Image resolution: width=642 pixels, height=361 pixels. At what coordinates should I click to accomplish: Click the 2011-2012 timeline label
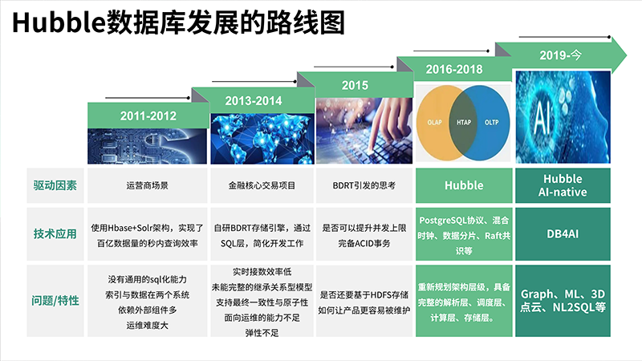[x=148, y=116]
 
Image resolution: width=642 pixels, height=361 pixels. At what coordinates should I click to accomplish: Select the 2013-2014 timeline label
[x=254, y=101]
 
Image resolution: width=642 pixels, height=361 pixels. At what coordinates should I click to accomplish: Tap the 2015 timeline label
[x=355, y=85]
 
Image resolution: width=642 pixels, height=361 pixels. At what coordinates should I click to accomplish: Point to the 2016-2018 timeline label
[x=454, y=69]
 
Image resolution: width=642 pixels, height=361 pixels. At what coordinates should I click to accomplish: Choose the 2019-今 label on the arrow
[x=560, y=55]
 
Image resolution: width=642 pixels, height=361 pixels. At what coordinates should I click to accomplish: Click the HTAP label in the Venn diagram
[x=464, y=123]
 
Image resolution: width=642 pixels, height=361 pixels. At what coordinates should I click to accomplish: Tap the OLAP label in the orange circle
[x=434, y=123]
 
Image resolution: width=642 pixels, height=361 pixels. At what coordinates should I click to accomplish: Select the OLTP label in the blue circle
[x=492, y=123]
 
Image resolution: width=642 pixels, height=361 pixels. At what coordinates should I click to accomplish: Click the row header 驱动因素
[x=55, y=185]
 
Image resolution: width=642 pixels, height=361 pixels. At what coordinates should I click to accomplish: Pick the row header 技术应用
[x=55, y=233]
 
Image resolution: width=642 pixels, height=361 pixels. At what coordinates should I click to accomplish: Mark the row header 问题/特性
[x=55, y=300]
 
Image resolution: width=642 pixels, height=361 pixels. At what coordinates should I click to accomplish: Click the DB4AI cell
[x=563, y=233]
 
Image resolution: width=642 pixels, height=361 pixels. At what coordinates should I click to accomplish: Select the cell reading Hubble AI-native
[x=563, y=185]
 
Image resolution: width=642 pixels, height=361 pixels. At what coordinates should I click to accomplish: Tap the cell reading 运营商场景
[x=147, y=185]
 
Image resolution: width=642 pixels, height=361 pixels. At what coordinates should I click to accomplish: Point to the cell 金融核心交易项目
[x=262, y=185]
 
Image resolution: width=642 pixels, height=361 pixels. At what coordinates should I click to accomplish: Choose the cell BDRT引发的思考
[x=364, y=185]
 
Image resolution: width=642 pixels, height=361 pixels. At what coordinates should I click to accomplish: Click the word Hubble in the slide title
[x=59, y=22]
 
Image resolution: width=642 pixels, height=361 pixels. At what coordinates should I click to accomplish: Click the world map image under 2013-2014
[x=262, y=139]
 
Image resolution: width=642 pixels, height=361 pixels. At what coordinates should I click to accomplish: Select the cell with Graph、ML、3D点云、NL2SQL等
[x=563, y=300]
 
